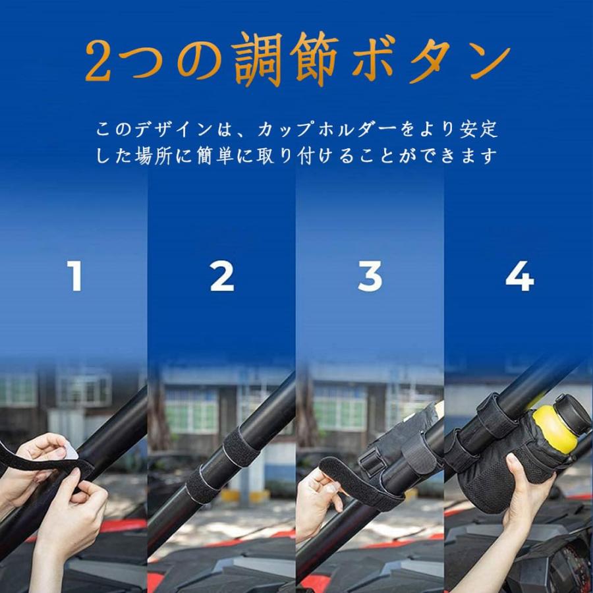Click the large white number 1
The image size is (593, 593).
click(75, 276)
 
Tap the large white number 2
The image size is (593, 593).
click(222, 276)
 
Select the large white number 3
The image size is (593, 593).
click(370, 276)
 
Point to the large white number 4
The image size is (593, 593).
click(520, 276)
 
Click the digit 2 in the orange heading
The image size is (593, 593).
click(98, 61)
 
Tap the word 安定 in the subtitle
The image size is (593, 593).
click(479, 130)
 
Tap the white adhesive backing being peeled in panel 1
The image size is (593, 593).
click(70, 451)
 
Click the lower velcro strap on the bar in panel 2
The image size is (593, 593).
click(204, 484)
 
